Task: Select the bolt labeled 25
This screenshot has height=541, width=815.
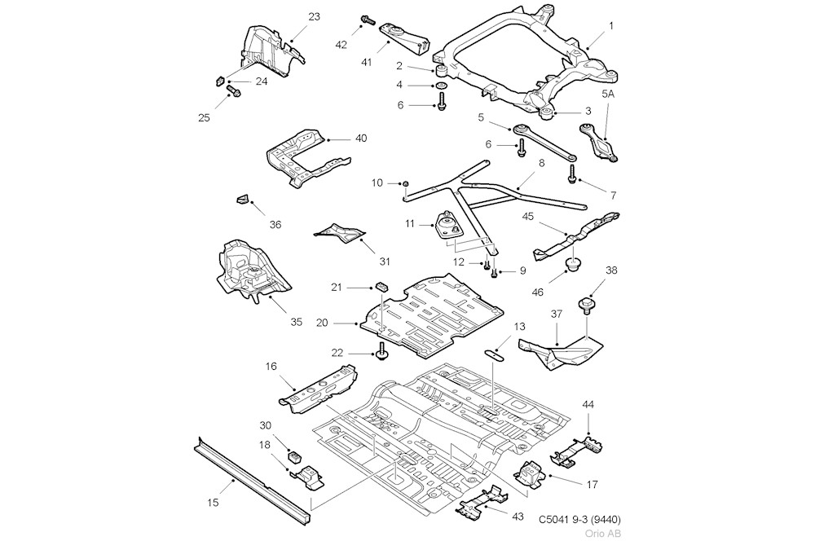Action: click(x=233, y=93)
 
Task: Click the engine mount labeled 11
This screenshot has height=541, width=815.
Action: click(x=447, y=224)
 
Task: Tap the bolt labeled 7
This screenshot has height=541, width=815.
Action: click(x=573, y=170)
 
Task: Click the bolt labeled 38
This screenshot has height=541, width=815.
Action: click(x=585, y=306)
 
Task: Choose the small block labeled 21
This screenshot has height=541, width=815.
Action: click(x=381, y=286)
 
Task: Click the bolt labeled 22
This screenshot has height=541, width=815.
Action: click(x=381, y=352)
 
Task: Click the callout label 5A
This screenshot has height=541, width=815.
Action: click(x=610, y=95)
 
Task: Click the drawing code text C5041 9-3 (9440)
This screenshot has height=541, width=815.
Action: click(x=584, y=519)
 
